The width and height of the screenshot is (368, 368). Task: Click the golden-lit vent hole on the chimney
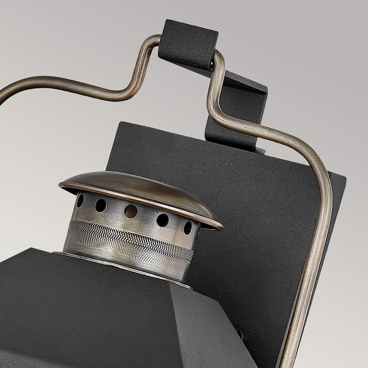[x=131, y=211]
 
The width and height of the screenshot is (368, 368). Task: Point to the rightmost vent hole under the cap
[x=188, y=228]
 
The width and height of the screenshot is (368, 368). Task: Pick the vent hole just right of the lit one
[x=163, y=219]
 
